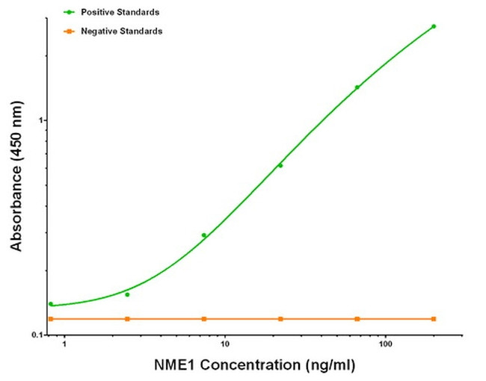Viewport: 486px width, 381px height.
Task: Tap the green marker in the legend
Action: (x=69, y=13)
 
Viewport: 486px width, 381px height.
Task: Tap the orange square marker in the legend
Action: (x=69, y=31)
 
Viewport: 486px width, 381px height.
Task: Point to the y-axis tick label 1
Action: (x=43, y=120)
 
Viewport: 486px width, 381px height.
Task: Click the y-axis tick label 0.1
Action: (x=37, y=334)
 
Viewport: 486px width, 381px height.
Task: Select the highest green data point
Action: (x=434, y=26)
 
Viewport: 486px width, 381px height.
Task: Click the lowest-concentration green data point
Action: (x=51, y=304)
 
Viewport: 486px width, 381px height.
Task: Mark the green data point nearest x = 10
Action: (x=204, y=235)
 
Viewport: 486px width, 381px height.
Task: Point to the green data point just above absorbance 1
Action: (x=357, y=87)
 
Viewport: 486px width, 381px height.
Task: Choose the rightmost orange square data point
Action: (x=434, y=319)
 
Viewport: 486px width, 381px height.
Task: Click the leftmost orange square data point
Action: (x=51, y=319)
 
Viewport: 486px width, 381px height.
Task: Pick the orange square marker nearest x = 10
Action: (x=204, y=319)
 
